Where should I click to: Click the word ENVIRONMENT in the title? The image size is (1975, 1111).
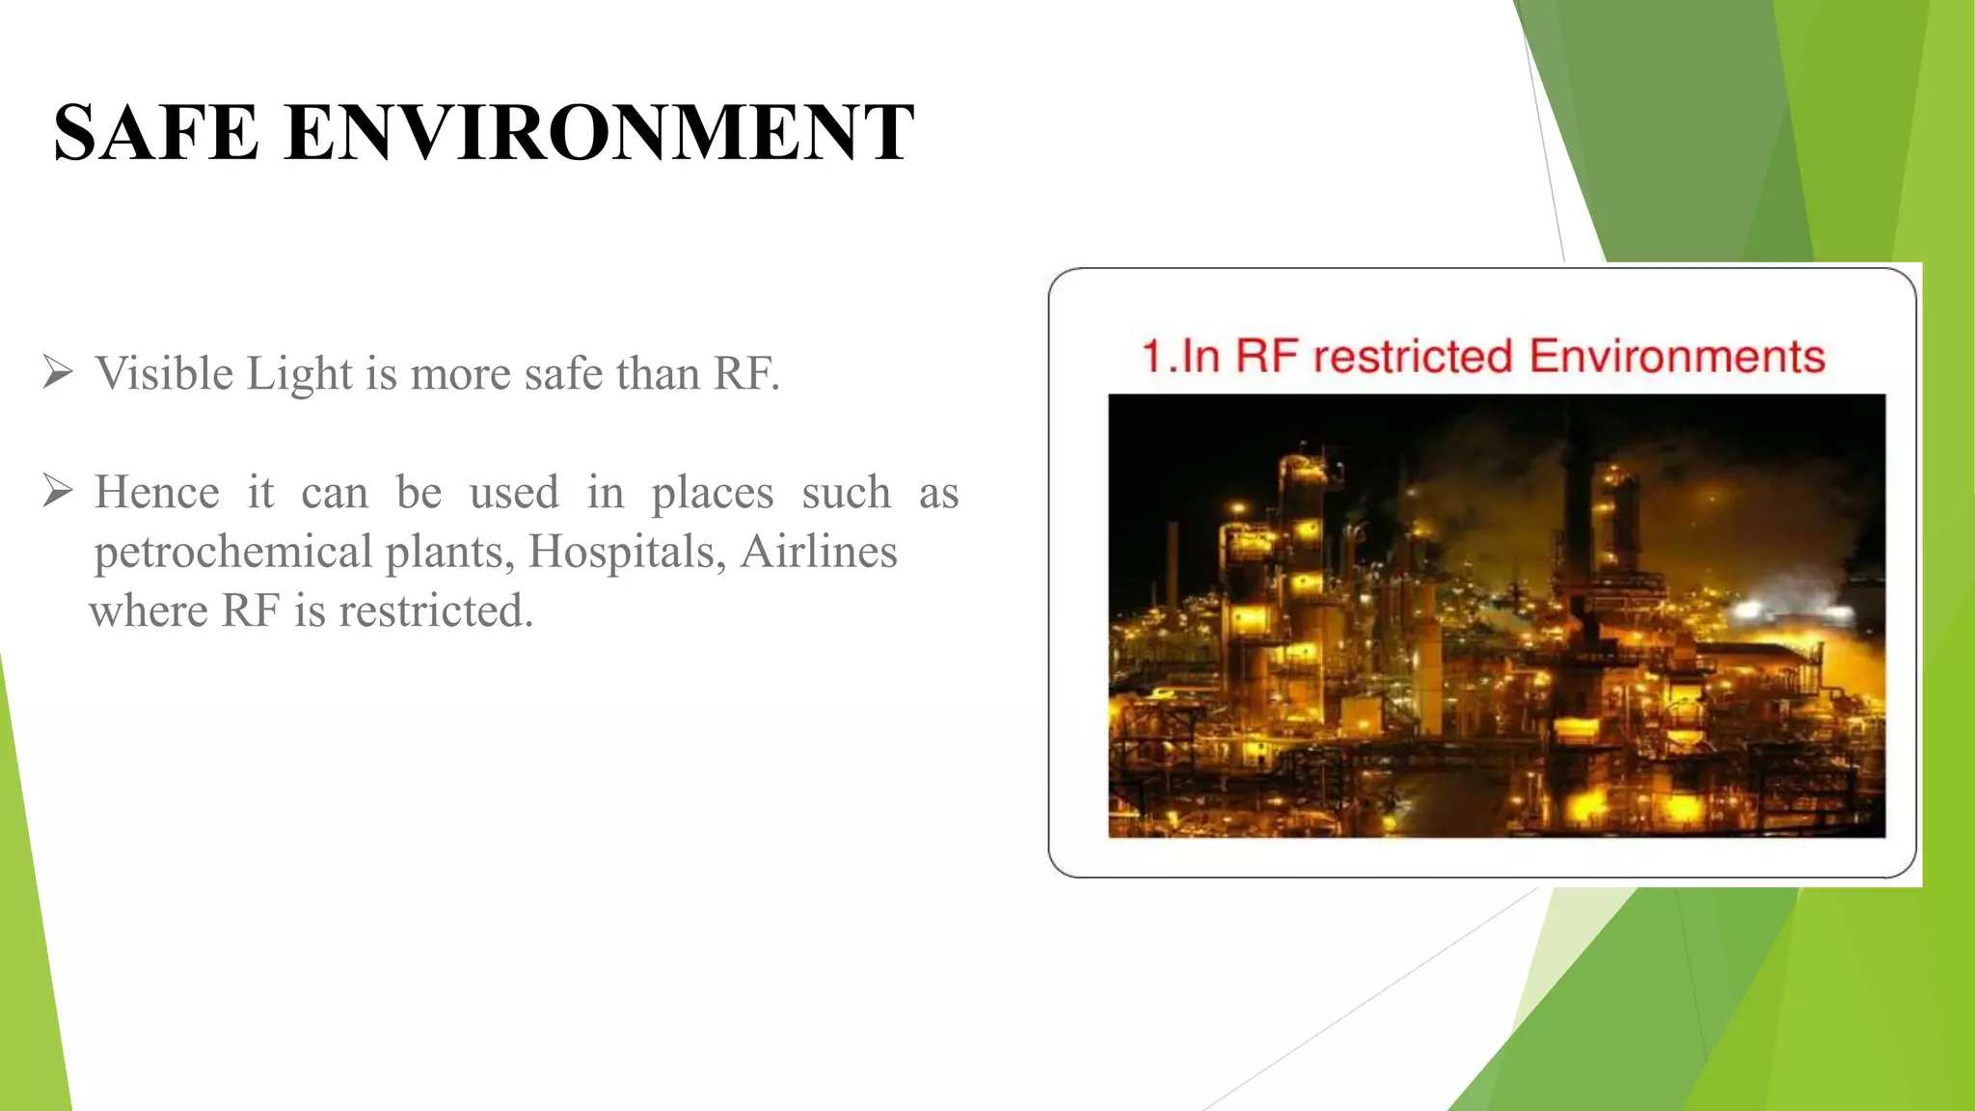coord(598,133)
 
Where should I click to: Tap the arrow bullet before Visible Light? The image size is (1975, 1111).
coord(58,372)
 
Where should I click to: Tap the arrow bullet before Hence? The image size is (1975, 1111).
coord(58,492)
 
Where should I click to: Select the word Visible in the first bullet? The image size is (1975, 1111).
coord(165,374)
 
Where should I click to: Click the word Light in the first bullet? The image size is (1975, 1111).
coord(300,374)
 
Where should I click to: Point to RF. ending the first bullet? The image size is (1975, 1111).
coord(745,374)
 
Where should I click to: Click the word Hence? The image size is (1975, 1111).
coord(157,493)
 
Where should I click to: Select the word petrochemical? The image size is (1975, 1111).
coord(232,553)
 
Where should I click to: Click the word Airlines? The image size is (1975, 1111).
coord(819,553)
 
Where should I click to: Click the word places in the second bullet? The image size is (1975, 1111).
coord(712,493)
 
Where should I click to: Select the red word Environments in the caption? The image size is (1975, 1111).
coord(1677,356)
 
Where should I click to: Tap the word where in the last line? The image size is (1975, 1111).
coord(149,611)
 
